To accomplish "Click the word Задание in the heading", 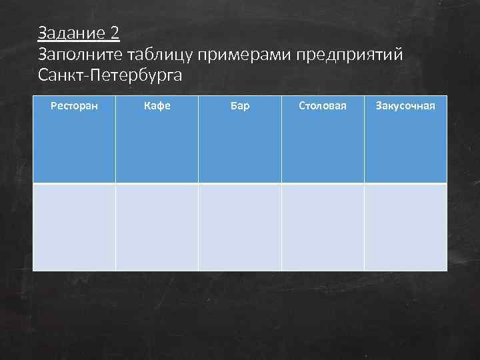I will click(x=71, y=33).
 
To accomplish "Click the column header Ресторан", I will click(x=74, y=105).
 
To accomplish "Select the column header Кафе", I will click(x=157, y=105).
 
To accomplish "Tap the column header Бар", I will click(x=240, y=105).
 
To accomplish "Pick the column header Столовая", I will click(x=323, y=105).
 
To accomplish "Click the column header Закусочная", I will click(x=405, y=105).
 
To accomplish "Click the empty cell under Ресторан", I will click(x=74, y=227).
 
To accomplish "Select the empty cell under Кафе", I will click(x=157, y=227).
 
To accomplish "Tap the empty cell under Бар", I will click(x=240, y=227).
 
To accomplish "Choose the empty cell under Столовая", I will click(x=323, y=227).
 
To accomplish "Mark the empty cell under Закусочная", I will click(x=405, y=227).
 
